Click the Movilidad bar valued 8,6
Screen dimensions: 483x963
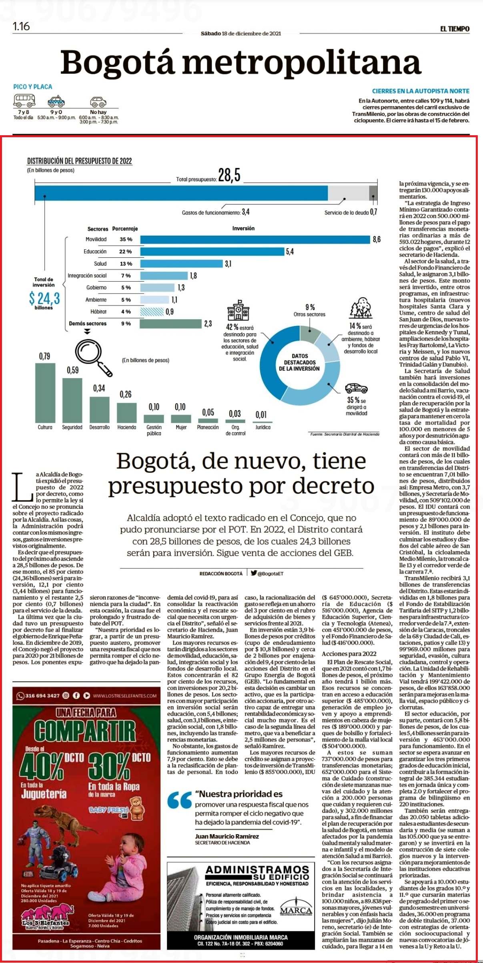[x=255, y=239]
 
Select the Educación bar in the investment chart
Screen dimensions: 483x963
[x=212, y=251]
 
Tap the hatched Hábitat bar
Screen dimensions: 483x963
[x=152, y=311]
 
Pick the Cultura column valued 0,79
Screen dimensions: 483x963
[x=45, y=392]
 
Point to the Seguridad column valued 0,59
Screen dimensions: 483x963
[x=72, y=400]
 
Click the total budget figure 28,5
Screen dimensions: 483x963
[x=229, y=175]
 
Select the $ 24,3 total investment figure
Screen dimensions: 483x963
[x=44, y=298]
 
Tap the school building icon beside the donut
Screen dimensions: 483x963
[x=238, y=310]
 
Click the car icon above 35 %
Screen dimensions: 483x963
[x=356, y=388]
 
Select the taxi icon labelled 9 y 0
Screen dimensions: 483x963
[x=56, y=101]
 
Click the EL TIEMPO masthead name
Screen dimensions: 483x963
[x=455, y=29]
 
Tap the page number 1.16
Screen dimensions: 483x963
[x=21, y=26]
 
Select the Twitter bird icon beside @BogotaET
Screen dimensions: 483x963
[x=254, y=573]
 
